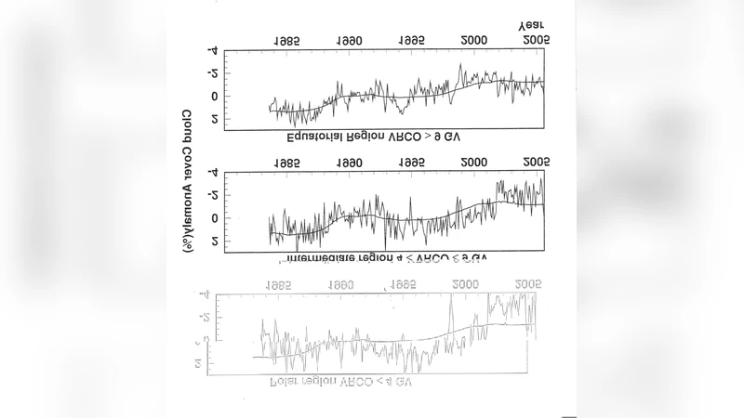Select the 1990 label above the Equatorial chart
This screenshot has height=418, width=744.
tap(349, 43)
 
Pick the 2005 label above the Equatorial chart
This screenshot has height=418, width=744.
tap(537, 43)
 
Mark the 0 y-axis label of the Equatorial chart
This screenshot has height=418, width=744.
tap(215, 97)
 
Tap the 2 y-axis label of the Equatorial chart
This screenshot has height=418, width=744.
tap(215, 119)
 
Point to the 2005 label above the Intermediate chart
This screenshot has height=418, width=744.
tap(537, 163)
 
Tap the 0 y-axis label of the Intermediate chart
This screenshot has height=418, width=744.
tap(215, 218)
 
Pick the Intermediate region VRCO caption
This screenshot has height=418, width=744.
tap(381, 256)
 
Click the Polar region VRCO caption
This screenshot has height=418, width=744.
tap(340, 383)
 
